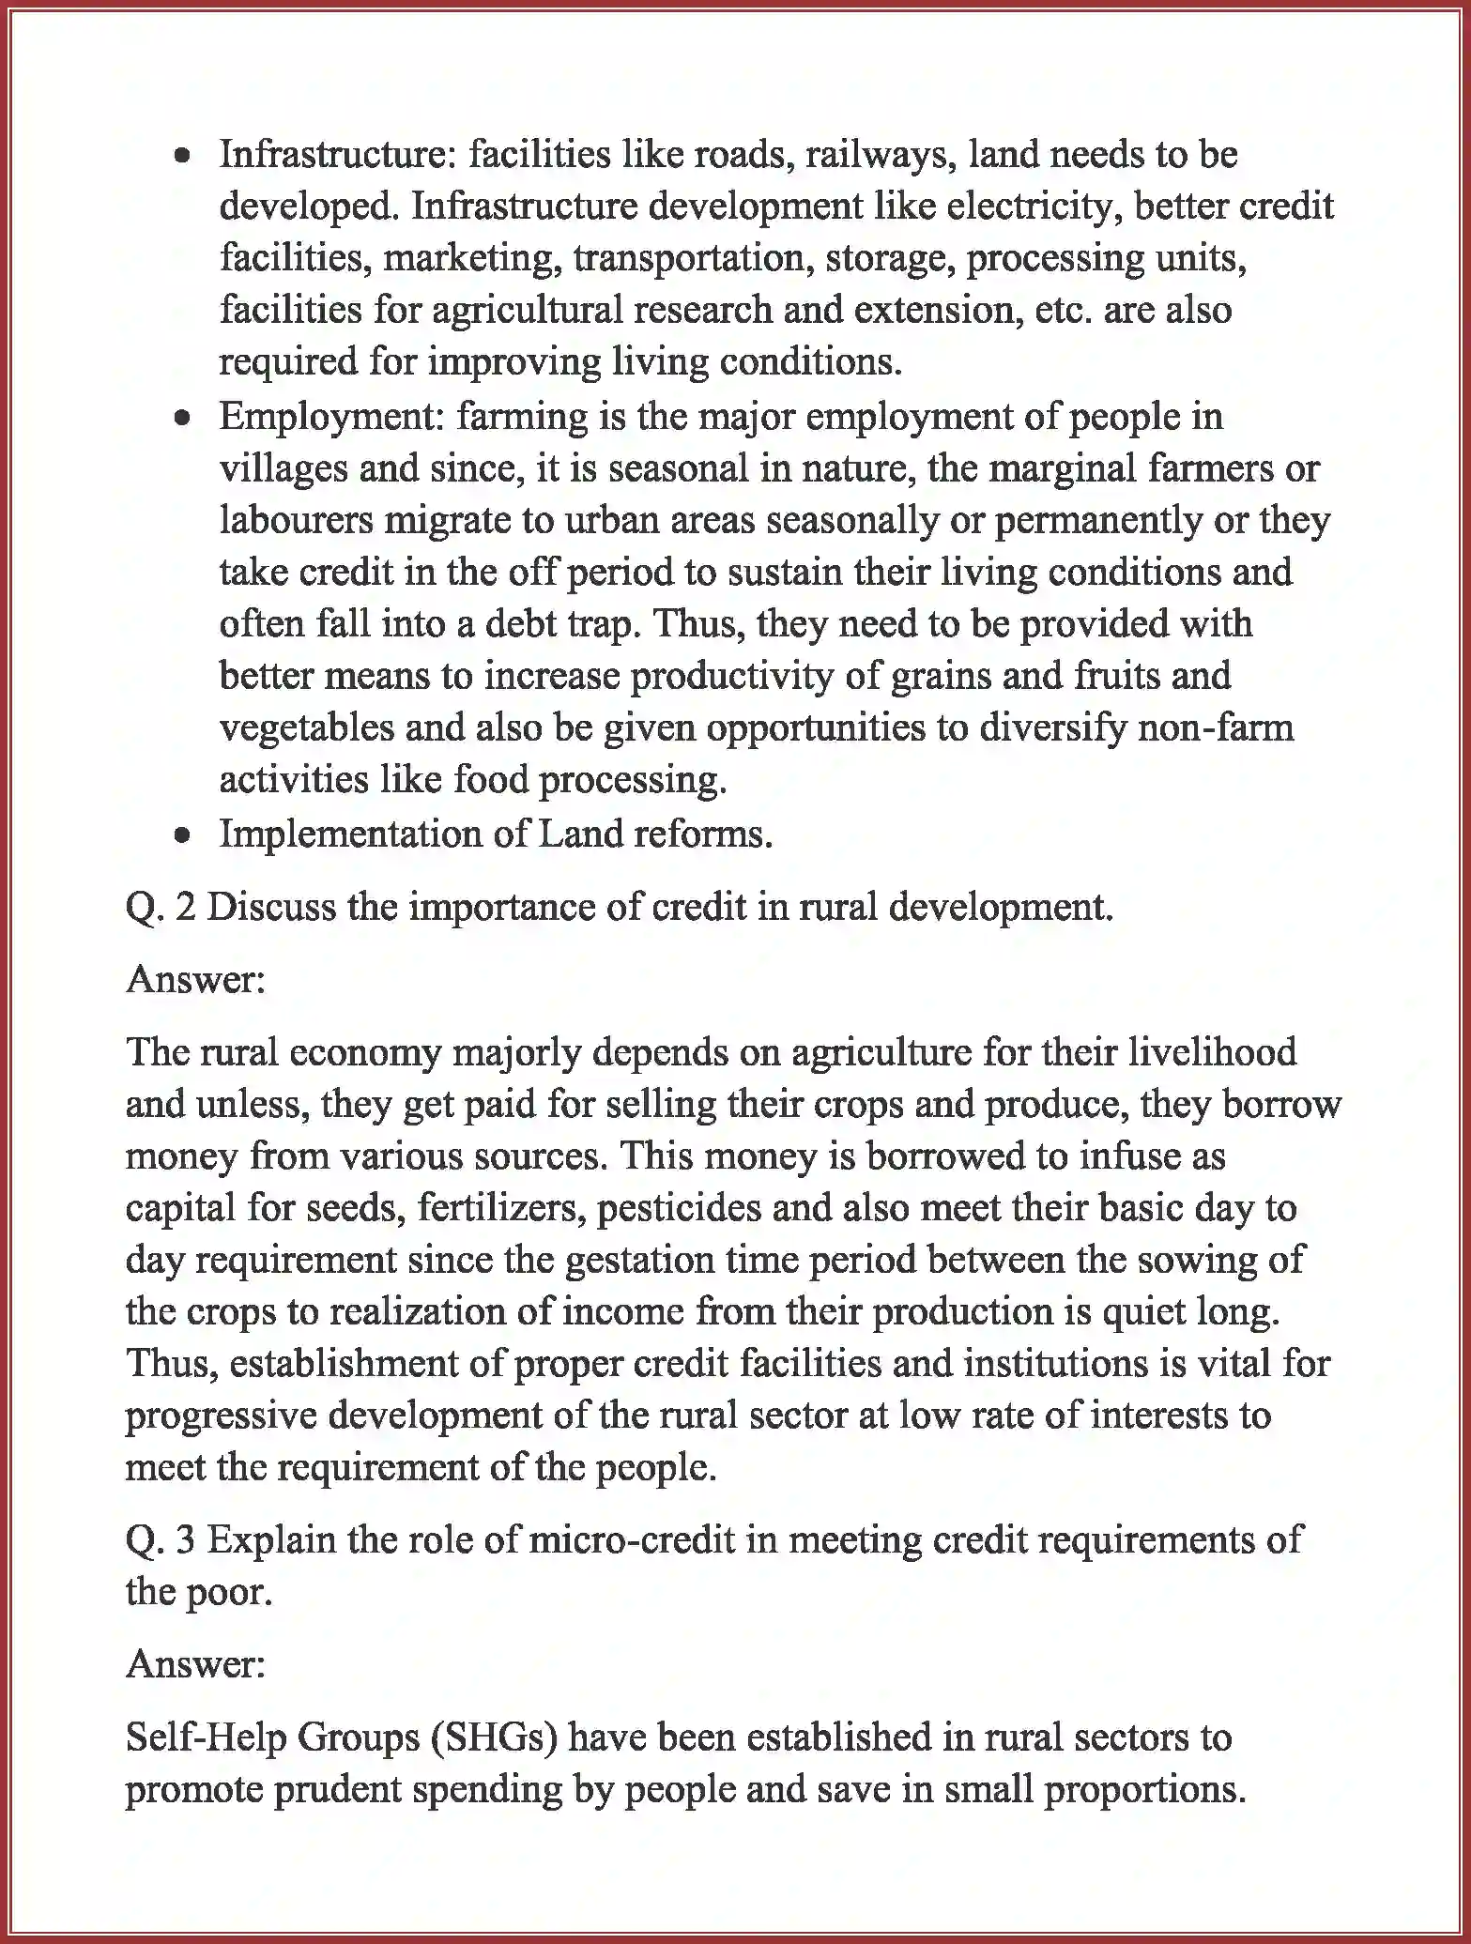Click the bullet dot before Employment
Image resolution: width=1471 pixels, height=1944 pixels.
point(185,419)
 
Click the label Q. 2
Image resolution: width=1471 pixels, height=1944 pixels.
point(161,908)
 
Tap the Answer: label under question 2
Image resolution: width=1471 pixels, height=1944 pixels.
point(196,980)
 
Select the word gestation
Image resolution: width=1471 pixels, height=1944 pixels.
point(638,1261)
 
